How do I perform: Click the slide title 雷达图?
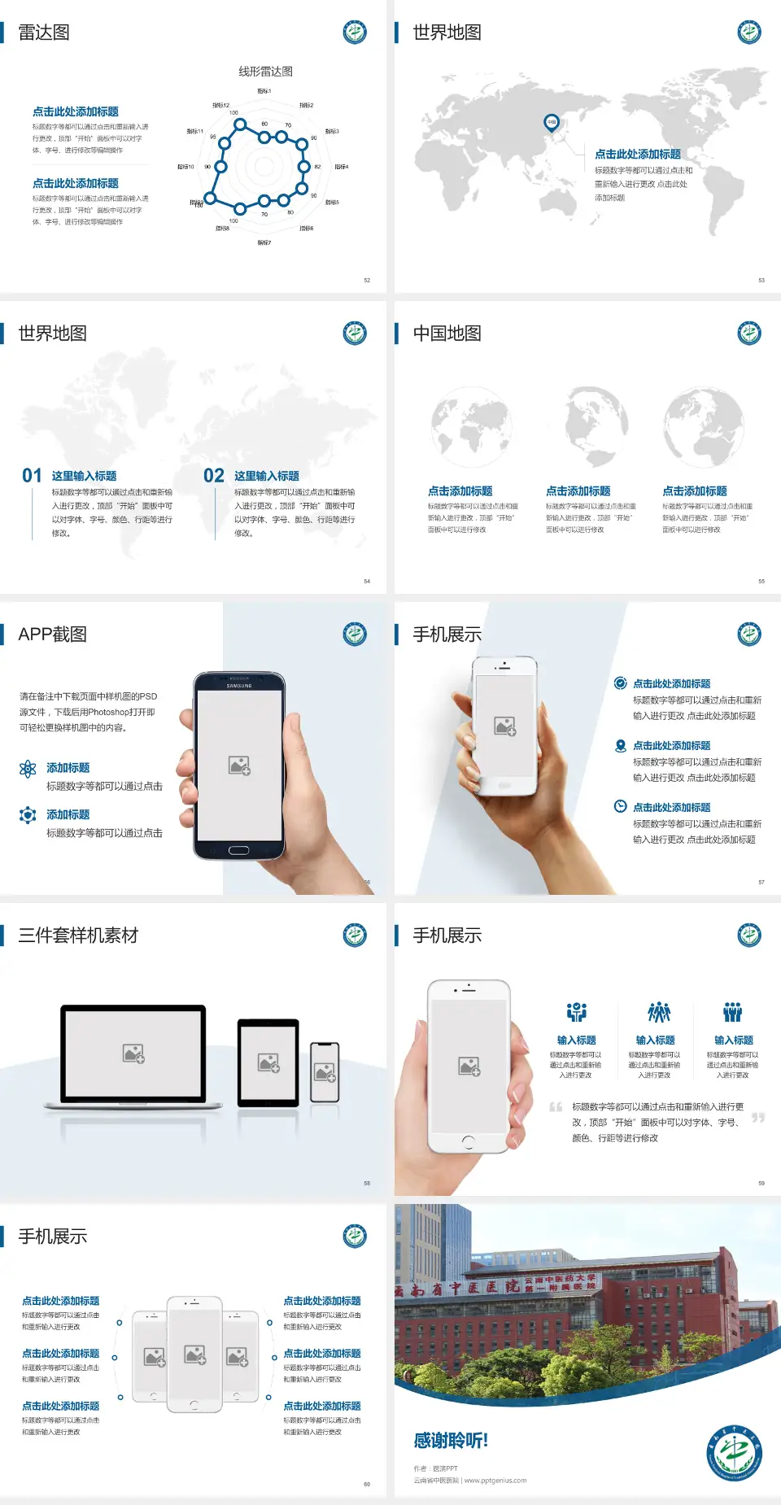click(x=44, y=33)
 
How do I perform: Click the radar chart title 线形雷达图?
click(x=265, y=72)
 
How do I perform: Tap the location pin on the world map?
click(x=552, y=122)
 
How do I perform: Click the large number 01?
click(x=32, y=476)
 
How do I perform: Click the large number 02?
click(x=214, y=476)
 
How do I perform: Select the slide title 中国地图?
click(x=447, y=334)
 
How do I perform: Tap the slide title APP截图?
click(x=53, y=635)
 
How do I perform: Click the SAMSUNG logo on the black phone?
click(x=239, y=686)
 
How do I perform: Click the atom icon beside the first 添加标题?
click(x=28, y=769)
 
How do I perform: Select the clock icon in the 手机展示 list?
click(x=620, y=806)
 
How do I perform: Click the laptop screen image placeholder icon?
click(x=133, y=1053)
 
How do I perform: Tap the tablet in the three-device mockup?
click(x=268, y=1062)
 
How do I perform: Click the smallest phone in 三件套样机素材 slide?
click(x=325, y=1072)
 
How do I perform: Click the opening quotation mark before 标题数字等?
click(x=556, y=1107)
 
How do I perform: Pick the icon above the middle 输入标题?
click(x=658, y=1012)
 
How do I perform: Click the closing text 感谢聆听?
click(x=451, y=1441)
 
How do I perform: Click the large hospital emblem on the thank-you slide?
click(x=734, y=1454)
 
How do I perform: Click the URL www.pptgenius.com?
click(x=495, y=1481)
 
